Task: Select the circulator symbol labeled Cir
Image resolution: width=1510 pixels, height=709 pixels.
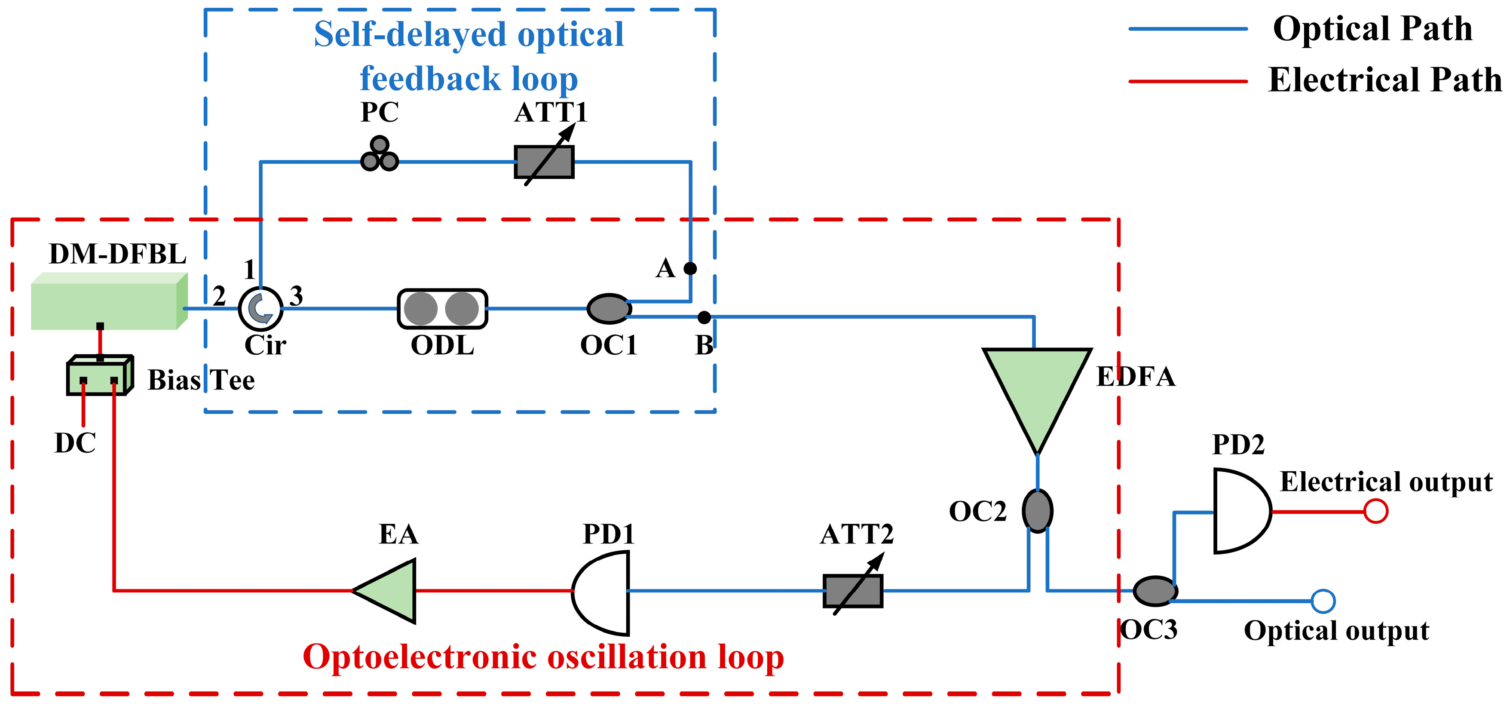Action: coord(260,308)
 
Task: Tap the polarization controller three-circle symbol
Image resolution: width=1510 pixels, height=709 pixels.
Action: coord(379,155)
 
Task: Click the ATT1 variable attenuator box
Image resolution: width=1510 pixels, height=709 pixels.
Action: coord(544,162)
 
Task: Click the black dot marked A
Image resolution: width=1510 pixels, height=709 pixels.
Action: coord(690,269)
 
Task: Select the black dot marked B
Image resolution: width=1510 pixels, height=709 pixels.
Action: coord(704,317)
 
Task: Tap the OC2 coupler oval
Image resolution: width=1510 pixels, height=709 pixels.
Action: coord(1038,511)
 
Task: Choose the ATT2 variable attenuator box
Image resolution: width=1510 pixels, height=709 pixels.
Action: coord(853,590)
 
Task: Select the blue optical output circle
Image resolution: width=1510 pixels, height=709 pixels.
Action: coord(1323,601)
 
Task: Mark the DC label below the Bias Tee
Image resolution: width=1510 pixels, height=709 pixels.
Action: coord(75,443)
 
